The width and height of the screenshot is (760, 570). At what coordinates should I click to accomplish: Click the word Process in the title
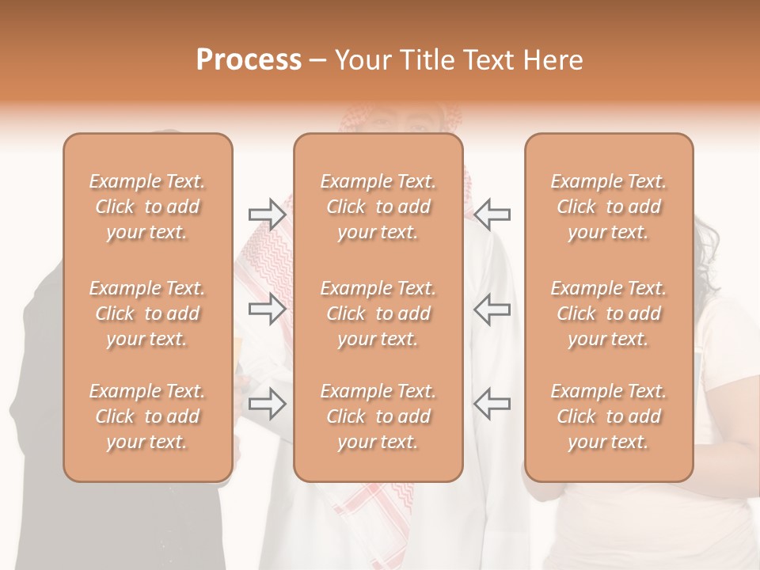tap(249, 60)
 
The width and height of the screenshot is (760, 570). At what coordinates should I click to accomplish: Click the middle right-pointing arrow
tap(267, 310)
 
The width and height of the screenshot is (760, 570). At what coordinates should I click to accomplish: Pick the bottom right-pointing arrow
tap(267, 404)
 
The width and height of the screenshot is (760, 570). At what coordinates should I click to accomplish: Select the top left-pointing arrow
tap(492, 214)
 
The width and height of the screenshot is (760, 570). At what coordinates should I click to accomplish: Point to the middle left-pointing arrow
tap(492, 310)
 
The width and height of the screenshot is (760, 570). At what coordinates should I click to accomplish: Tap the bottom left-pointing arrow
tap(492, 404)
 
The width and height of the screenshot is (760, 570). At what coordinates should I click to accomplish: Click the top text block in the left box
tap(147, 207)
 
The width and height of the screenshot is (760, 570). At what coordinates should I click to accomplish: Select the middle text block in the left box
tap(147, 313)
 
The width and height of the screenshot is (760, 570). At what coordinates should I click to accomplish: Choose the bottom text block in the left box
tap(147, 416)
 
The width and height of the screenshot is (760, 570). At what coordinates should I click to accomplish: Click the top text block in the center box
tap(378, 207)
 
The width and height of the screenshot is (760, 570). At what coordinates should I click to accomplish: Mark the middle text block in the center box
tap(378, 313)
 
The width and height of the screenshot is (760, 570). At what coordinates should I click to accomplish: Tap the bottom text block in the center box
tap(378, 416)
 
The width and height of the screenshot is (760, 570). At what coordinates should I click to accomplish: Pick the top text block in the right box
tap(608, 207)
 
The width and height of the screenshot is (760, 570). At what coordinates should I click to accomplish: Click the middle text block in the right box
tap(608, 313)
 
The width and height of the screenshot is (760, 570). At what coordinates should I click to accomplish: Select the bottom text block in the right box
tap(608, 416)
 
